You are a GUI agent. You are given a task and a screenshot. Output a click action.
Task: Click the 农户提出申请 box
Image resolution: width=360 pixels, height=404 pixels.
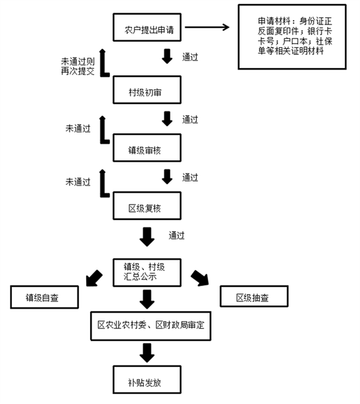(147, 27)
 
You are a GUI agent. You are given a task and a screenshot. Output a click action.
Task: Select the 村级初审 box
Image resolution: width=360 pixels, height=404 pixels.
(147, 89)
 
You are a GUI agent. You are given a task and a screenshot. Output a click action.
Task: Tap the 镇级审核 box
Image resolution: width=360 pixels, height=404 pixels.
(147, 148)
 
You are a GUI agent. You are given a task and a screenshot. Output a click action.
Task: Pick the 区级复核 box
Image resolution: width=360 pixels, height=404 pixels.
(147, 205)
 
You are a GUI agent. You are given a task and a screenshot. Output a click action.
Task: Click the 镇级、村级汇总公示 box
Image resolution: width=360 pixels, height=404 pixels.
(147, 273)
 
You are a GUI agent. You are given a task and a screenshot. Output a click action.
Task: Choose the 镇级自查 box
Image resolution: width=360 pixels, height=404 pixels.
(44, 297)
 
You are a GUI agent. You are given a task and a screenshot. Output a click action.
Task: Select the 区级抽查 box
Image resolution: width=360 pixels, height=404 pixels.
(254, 296)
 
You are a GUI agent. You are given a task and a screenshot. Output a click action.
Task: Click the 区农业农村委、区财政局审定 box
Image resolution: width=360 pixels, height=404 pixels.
(151, 326)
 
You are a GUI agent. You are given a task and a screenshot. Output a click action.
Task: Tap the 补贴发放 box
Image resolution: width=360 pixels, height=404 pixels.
(147, 379)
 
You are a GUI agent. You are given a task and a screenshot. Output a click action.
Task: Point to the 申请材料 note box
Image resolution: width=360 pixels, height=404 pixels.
(292, 37)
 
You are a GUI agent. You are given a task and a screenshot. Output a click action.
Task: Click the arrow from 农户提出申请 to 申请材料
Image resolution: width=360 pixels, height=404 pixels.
(207, 27)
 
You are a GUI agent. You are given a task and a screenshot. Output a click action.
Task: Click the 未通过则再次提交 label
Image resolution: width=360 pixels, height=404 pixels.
(78, 66)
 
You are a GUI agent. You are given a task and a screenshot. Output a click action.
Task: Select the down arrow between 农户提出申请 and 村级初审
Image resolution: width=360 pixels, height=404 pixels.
(167, 56)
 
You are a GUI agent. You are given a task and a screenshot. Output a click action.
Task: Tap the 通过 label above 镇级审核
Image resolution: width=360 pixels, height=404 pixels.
(190, 120)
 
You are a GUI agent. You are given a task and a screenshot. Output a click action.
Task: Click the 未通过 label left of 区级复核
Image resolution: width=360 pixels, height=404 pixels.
(78, 182)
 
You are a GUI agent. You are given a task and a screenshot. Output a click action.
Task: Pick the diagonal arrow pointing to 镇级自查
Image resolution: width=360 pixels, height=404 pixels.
(94, 278)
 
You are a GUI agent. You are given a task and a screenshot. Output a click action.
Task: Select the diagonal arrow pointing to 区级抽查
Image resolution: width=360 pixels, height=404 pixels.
(200, 278)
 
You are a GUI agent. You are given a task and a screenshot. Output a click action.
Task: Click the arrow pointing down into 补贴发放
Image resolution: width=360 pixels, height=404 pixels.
(147, 353)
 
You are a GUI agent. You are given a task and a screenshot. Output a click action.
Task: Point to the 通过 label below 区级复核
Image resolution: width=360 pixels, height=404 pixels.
(176, 236)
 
